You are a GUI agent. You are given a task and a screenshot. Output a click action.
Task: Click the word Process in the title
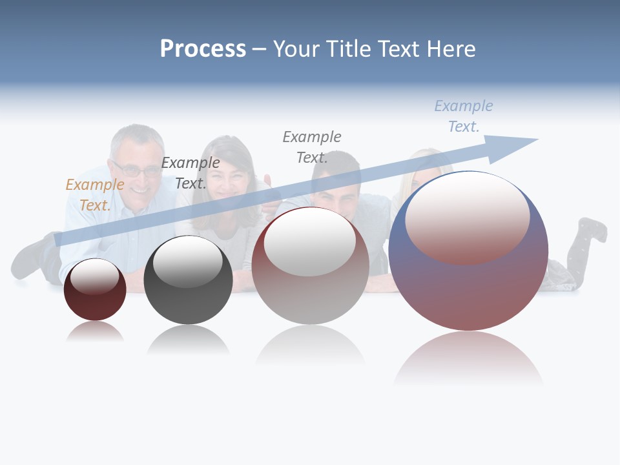click(203, 49)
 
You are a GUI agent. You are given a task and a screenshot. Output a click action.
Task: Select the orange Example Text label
click(95, 195)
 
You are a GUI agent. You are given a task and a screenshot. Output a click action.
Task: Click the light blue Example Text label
click(463, 116)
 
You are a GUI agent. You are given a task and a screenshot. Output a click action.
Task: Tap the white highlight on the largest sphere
click(467, 216)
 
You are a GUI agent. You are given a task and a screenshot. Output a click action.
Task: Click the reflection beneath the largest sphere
click(468, 358)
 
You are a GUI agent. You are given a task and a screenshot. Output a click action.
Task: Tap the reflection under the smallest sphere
click(95, 332)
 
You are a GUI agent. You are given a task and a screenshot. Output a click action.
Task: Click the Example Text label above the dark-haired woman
click(191, 173)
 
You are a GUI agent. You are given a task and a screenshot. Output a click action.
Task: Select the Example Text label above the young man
click(312, 147)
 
